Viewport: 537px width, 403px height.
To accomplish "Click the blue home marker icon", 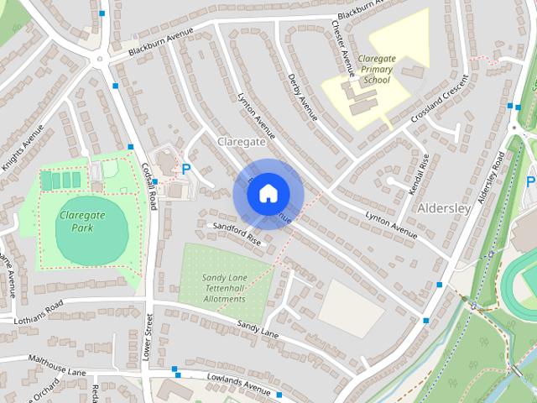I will coord(267,193).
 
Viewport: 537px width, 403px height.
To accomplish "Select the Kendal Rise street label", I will coord(420,174).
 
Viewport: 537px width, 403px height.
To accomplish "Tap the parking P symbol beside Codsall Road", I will coord(186,169).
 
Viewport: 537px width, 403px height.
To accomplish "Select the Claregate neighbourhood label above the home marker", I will coord(241,143).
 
